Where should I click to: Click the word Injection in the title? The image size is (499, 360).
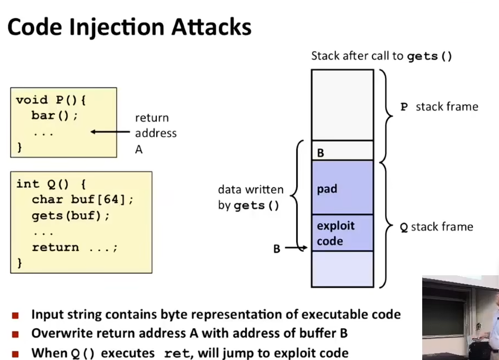pyautogui.click(x=117, y=28)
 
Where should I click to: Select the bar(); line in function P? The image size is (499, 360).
pyautogui.click(x=55, y=115)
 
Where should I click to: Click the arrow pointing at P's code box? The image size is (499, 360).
pyautogui.click(x=110, y=132)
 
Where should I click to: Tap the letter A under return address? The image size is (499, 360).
pyautogui.click(x=139, y=149)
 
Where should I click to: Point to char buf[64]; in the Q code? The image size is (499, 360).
pyautogui.click(x=83, y=200)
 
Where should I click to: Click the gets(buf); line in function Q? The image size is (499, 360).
pyautogui.click(x=70, y=216)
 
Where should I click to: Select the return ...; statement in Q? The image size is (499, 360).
pyautogui.click(x=75, y=247)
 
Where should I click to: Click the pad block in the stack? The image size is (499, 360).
pyautogui.click(x=342, y=187)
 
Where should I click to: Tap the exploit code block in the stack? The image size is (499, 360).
pyautogui.click(x=342, y=233)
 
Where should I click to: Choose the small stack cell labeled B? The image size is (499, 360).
pyautogui.click(x=342, y=150)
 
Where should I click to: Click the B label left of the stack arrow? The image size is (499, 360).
pyautogui.click(x=277, y=249)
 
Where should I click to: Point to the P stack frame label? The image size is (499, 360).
pyautogui.click(x=439, y=107)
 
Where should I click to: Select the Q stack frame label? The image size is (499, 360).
pyautogui.click(x=436, y=227)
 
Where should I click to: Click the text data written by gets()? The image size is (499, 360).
pyautogui.click(x=251, y=197)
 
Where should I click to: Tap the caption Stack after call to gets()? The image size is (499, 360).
pyautogui.click(x=381, y=56)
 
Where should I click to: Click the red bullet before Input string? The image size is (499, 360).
pyautogui.click(x=15, y=316)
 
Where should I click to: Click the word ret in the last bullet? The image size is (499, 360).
pyautogui.click(x=176, y=353)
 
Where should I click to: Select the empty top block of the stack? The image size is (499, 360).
pyautogui.click(x=342, y=105)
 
